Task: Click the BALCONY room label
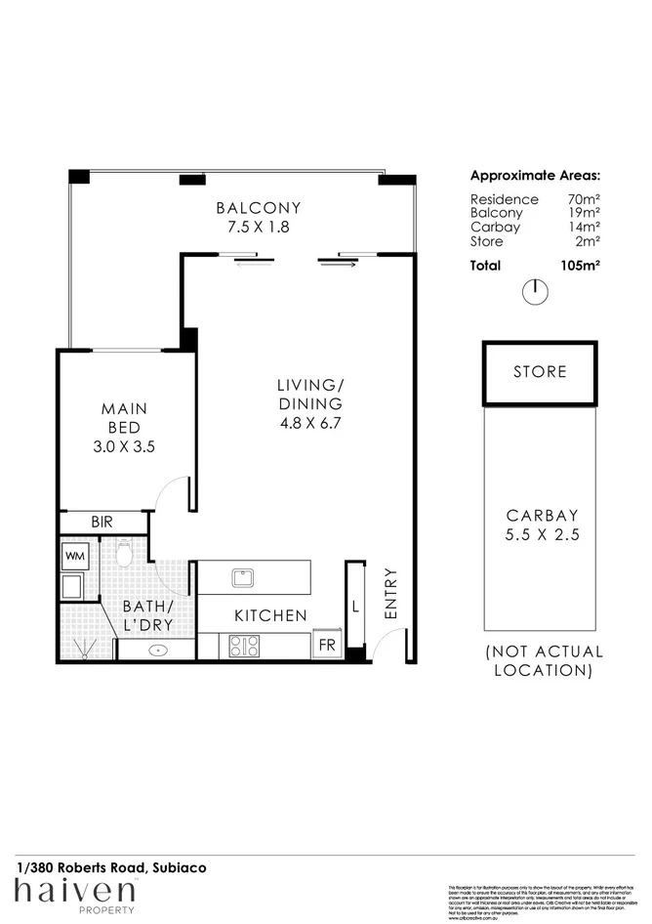[x=258, y=208]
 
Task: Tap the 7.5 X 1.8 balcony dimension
[x=258, y=227]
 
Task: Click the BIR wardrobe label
[x=102, y=523]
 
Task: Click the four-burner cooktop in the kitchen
[x=244, y=646]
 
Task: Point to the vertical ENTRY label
[x=390, y=593]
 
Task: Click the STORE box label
[x=540, y=372]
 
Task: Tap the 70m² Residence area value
[x=584, y=199]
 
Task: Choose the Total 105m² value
[x=580, y=265]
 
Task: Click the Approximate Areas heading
[x=535, y=177]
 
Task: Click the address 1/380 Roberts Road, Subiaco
[x=110, y=866]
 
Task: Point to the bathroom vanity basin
[x=156, y=649]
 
